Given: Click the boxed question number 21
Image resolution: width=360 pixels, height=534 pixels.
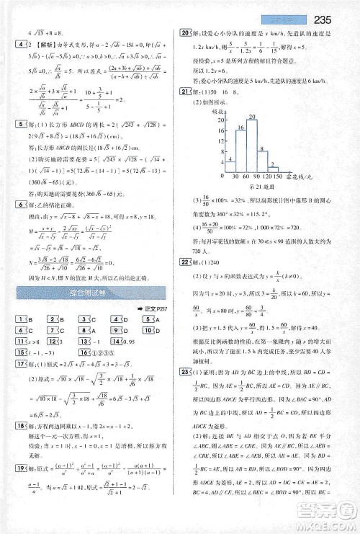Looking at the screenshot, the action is pyautogui.click(x=185, y=90).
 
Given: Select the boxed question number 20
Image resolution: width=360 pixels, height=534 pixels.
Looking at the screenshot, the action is pyautogui.click(x=185, y=32).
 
